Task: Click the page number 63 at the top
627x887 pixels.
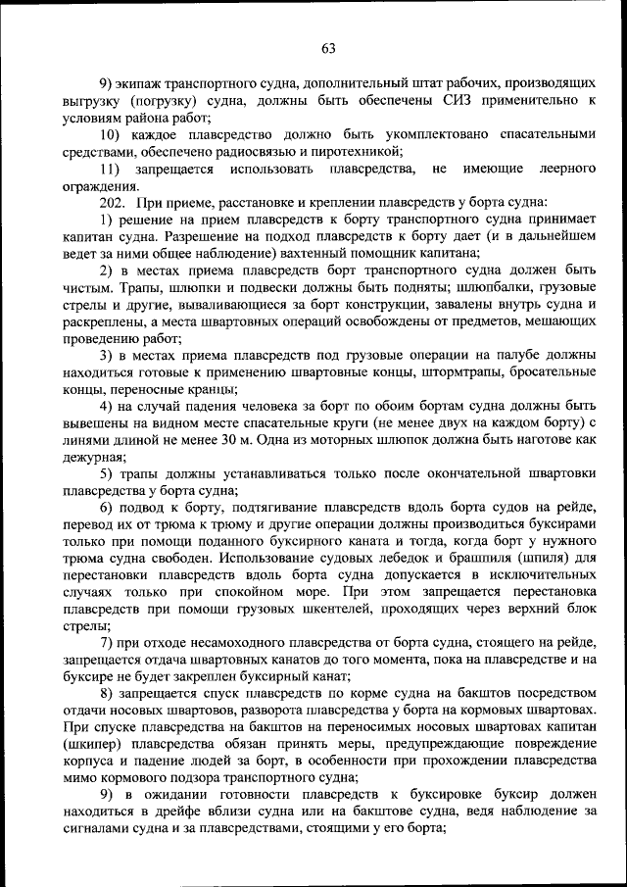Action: (327, 49)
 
